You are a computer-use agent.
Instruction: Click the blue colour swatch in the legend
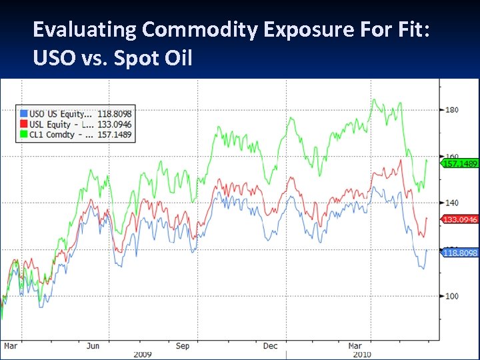[x=24, y=114]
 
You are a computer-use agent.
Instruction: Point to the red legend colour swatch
[x=24, y=124]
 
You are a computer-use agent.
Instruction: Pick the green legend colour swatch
[x=24, y=134]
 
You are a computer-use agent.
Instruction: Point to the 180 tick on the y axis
[x=452, y=110]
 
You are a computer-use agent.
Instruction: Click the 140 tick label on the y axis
[x=452, y=203]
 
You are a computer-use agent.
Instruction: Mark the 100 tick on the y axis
[x=452, y=296]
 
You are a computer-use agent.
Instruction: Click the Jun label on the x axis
[x=93, y=346]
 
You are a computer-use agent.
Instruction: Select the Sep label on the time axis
[x=183, y=346]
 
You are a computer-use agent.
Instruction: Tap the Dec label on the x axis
[x=270, y=346]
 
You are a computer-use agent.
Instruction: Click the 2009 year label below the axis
[x=143, y=354]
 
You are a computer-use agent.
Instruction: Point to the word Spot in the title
[x=131, y=59]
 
